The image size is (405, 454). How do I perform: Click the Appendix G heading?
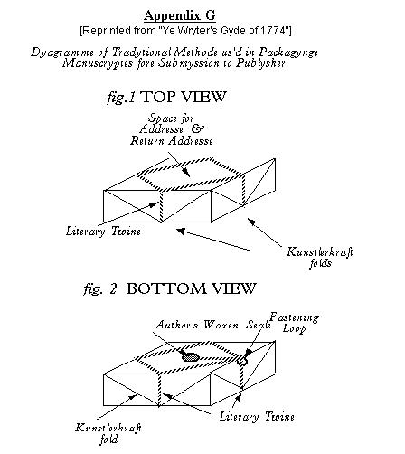180,15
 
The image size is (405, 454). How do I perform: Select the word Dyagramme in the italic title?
62,52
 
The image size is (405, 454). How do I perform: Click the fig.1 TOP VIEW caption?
166,97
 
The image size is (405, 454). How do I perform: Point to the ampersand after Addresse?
197,128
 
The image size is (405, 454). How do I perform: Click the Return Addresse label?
172,141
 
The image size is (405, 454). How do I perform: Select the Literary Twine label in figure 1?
103,232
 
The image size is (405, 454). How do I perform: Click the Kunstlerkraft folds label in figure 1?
320,258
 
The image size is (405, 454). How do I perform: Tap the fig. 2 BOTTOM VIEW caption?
170,288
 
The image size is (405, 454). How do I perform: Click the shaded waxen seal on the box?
191,357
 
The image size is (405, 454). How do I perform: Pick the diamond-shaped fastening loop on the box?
241,361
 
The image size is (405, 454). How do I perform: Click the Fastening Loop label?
294,323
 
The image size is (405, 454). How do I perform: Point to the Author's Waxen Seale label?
213,325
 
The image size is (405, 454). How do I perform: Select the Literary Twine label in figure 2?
257,417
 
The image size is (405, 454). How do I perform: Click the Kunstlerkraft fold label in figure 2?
108,433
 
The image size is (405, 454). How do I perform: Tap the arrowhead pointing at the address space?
187,173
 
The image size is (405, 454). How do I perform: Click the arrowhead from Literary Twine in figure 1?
154,204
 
